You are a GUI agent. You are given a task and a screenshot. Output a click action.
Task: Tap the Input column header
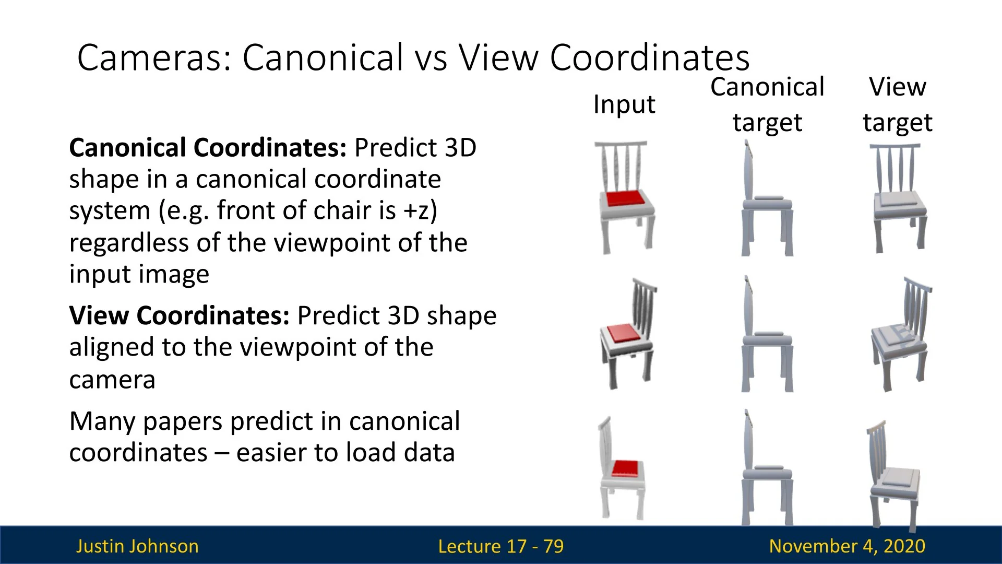pos(624,104)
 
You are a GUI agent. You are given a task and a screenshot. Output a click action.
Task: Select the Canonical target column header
pos(767,104)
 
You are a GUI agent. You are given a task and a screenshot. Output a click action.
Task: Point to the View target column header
pos(898,104)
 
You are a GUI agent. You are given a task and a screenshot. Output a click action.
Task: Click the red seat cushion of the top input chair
pos(625,198)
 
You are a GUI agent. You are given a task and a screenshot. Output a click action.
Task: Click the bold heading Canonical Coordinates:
pos(208,148)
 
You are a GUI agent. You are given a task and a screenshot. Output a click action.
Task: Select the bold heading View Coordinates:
pos(179,315)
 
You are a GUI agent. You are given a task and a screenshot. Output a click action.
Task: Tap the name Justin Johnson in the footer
pos(137,546)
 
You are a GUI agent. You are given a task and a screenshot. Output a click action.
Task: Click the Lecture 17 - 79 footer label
pos(501,546)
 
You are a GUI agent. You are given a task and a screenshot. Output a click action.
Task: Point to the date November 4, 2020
pos(847,546)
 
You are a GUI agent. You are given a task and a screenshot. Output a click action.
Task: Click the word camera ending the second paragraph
pos(112,380)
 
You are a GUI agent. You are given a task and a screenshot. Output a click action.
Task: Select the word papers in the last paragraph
pos(182,422)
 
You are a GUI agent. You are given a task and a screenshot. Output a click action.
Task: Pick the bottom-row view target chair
pos(893,475)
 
